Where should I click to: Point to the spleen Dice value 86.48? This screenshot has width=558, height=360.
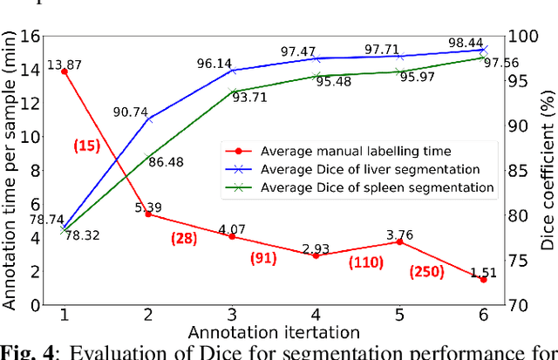pyautogui.click(x=167, y=162)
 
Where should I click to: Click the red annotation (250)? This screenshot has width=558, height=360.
pyautogui.click(x=426, y=272)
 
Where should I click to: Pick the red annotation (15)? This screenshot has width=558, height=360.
pyautogui.click(x=87, y=146)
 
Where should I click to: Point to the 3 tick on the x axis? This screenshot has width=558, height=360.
pyautogui.click(x=232, y=315)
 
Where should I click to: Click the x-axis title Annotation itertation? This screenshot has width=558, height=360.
pyautogui.click(x=273, y=331)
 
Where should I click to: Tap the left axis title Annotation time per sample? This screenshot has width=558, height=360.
pyautogui.click(x=10, y=170)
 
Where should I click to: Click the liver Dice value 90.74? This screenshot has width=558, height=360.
pyautogui.click(x=129, y=112)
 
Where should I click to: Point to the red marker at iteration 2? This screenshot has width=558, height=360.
pyautogui.click(x=147, y=214)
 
